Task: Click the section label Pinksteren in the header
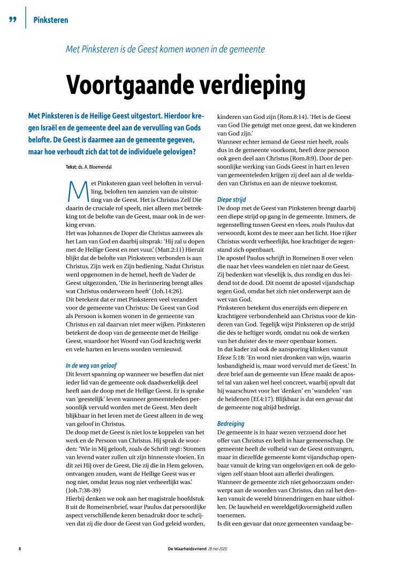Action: [x=50, y=20]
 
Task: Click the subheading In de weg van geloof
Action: [x=88, y=365]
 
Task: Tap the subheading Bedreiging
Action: [x=231, y=423]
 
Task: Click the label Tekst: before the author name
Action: [x=72, y=167]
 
